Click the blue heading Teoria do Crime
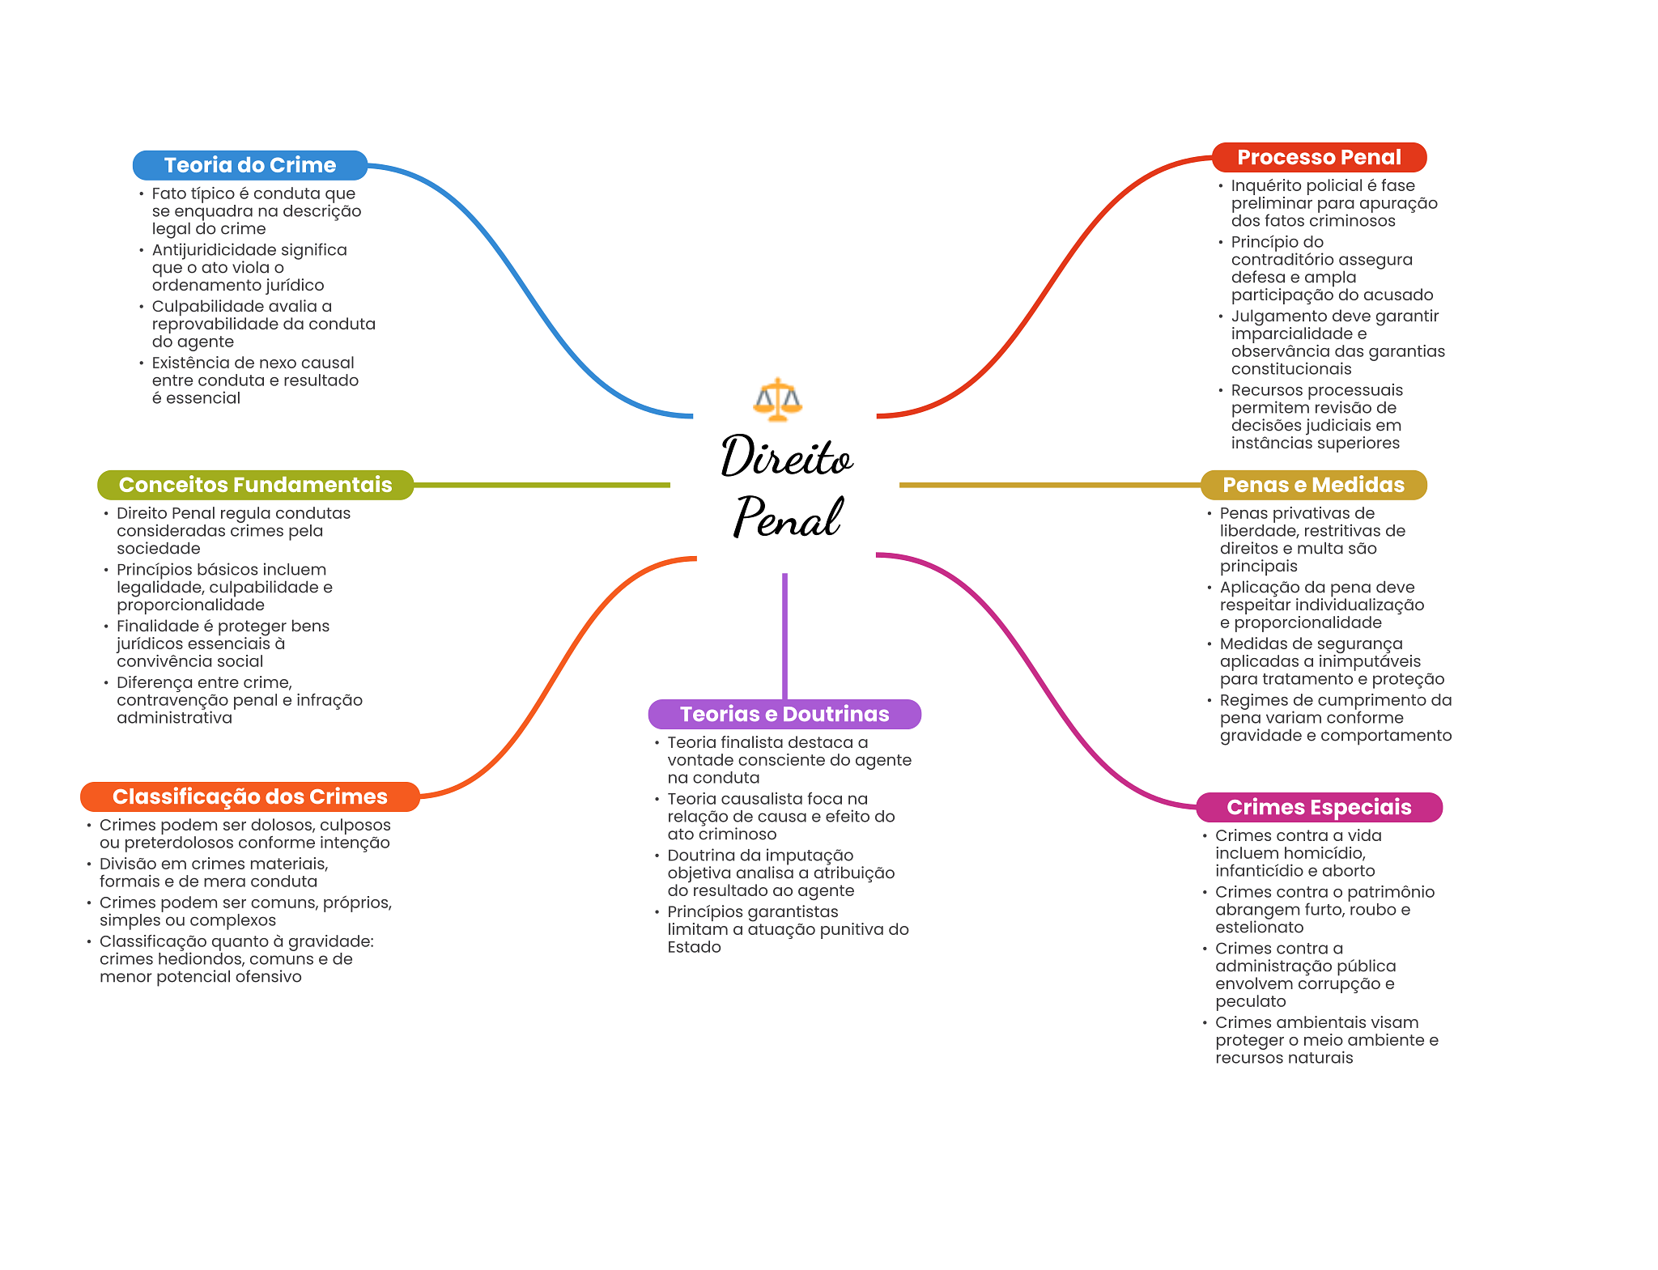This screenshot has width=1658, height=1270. click(249, 165)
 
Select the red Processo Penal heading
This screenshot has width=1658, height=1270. click(1318, 157)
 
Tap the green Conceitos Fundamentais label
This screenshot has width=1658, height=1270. click(255, 485)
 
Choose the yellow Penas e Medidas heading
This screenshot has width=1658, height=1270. click(1313, 485)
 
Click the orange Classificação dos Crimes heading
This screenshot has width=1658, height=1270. click(249, 796)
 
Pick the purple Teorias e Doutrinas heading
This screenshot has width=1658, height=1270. click(784, 714)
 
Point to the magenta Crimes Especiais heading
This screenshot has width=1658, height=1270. click(1318, 807)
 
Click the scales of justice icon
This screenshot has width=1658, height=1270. click(777, 399)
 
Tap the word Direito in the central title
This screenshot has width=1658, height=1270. click(786, 457)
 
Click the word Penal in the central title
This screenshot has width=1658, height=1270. click(788, 518)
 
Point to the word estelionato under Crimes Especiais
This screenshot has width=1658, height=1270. click(1259, 928)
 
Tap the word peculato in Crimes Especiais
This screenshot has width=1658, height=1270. click(1250, 1001)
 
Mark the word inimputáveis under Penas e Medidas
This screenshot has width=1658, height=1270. click(1370, 661)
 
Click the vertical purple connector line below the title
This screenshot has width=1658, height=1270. click(784, 635)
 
